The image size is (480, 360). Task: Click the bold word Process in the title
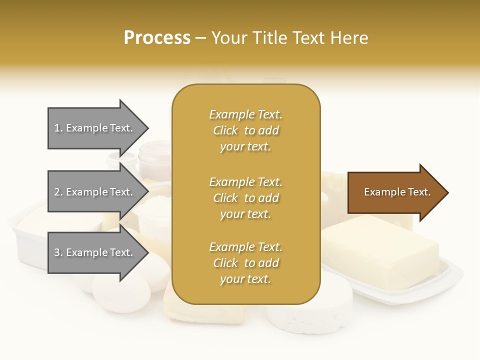tap(157, 38)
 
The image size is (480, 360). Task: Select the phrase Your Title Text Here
tap(290, 38)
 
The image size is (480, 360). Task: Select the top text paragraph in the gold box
tap(245, 130)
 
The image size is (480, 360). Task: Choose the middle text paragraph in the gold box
tap(245, 198)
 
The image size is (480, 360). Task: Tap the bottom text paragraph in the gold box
tap(245, 263)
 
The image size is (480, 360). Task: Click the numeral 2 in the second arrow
tap(57, 192)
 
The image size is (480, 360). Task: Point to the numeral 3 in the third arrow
tap(57, 253)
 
